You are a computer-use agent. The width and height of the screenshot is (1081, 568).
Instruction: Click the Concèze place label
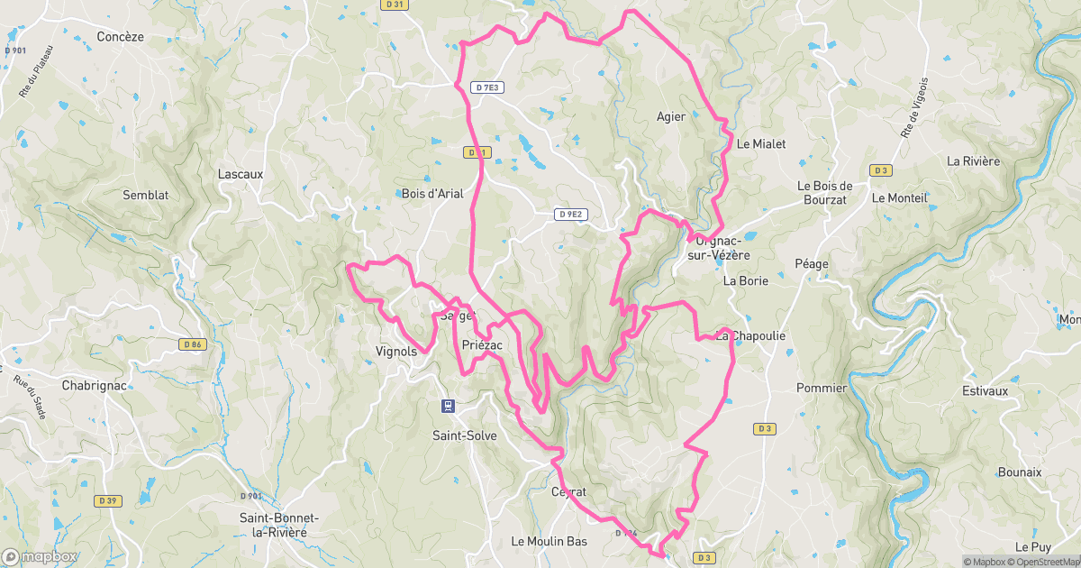(120, 37)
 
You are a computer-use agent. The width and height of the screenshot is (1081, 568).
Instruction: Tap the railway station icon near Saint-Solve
(447, 407)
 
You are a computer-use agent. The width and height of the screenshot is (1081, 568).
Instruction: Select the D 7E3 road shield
(487, 87)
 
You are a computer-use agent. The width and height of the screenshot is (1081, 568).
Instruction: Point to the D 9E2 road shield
(570, 215)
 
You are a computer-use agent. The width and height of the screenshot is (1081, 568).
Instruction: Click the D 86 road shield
(193, 344)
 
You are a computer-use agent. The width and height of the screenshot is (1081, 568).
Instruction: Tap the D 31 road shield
(394, 5)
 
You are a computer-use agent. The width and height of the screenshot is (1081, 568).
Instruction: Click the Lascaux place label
(241, 173)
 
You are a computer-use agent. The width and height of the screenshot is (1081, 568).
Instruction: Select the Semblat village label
(146, 195)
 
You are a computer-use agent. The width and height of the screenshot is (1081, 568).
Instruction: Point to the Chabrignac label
(94, 385)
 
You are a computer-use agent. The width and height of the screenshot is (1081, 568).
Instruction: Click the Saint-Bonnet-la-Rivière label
(273, 525)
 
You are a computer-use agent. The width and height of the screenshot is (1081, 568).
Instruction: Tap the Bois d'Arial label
(431, 193)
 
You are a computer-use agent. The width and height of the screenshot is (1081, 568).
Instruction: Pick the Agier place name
(671, 116)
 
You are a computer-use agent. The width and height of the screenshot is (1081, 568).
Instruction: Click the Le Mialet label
(761, 143)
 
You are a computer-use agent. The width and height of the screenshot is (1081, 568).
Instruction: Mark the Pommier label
(822, 389)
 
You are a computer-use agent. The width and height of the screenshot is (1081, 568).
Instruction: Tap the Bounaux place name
(1020, 472)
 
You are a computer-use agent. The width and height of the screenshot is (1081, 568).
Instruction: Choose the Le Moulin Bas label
(550, 541)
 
